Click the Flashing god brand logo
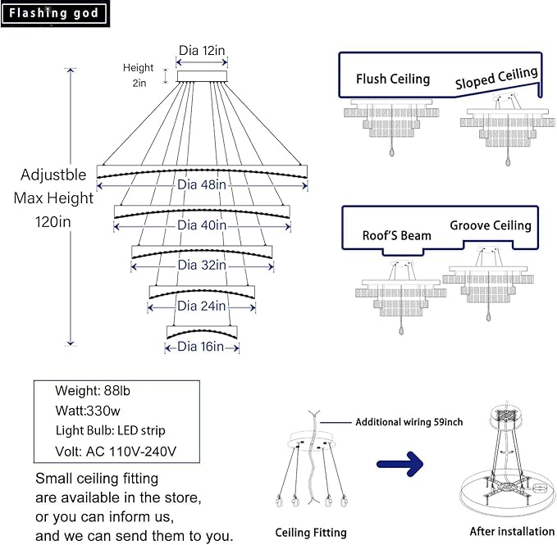click(55, 13)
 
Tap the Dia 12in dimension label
click(202, 50)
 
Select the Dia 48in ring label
click(202, 184)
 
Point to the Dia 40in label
click(202, 225)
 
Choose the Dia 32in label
click(202, 265)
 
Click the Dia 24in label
click(202, 306)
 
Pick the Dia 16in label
click(201, 347)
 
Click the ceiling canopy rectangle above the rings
click(202, 76)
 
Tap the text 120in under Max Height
click(53, 222)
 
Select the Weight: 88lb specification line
click(93, 391)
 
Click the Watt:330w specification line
click(88, 411)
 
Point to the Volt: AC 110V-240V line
click(116, 452)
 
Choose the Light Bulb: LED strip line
click(111, 430)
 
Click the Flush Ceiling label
click(393, 79)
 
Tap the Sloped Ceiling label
click(496, 78)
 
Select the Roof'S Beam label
click(397, 235)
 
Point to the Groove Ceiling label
click(491, 225)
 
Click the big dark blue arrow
click(400, 464)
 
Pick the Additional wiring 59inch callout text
click(409, 422)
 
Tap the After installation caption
click(512, 531)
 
